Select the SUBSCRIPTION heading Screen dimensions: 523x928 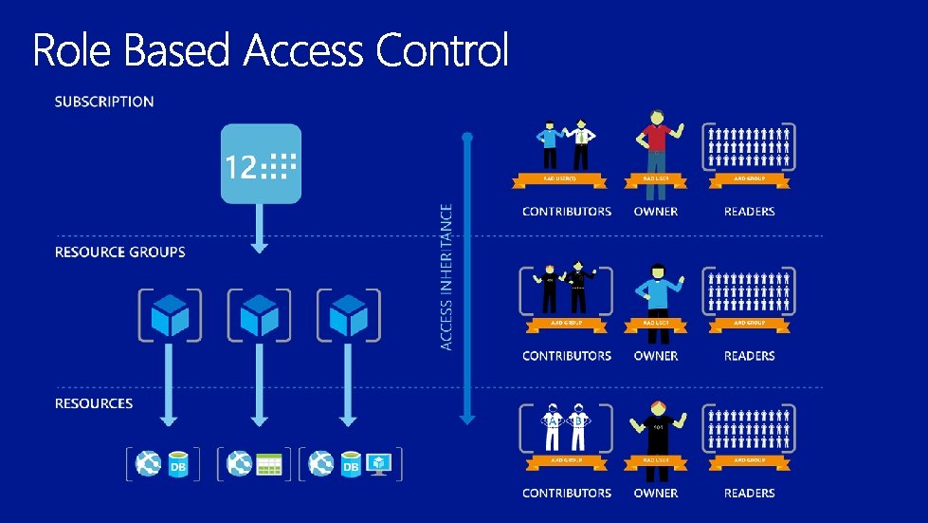(x=104, y=102)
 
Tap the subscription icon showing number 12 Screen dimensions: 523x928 (x=261, y=163)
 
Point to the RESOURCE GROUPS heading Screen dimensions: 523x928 (x=119, y=252)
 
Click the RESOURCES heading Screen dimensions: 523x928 (x=94, y=403)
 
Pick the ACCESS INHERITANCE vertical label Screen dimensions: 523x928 (x=446, y=275)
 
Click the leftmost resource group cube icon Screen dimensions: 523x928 (x=170, y=314)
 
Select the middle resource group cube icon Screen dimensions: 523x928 (x=259, y=314)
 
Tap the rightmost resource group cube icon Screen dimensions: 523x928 (x=348, y=314)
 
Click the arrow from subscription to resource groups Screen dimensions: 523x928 (x=260, y=228)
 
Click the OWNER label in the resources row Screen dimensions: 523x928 (x=656, y=494)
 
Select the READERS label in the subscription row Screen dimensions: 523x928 (x=749, y=212)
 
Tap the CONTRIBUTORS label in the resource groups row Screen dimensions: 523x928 (x=567, y=356)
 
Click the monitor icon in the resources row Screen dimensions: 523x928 (x=380, y=463)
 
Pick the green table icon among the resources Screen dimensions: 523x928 (x=270, y=464)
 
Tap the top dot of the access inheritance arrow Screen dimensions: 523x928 (x=466, y=138)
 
